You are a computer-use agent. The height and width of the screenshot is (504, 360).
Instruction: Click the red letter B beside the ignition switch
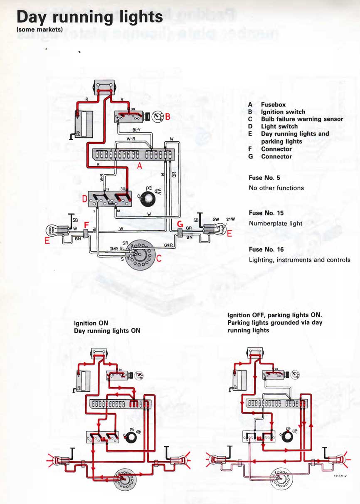click(168, 116)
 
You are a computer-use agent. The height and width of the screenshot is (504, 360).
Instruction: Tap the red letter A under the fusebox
click(140, 166)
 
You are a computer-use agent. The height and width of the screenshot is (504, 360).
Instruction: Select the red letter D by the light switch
click(84, 199)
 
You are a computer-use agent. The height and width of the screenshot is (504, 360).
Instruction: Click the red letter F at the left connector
click(86, 225)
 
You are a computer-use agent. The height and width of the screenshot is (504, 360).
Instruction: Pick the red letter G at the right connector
click(180, 224)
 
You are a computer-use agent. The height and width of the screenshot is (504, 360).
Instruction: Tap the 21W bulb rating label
click(230, 219)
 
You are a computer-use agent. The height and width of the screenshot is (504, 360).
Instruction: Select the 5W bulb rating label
click(215, 219)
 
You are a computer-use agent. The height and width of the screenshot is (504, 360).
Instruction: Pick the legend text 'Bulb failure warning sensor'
click(302, 119)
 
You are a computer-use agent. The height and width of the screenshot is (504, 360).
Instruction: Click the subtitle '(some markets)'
click(39, 30)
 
